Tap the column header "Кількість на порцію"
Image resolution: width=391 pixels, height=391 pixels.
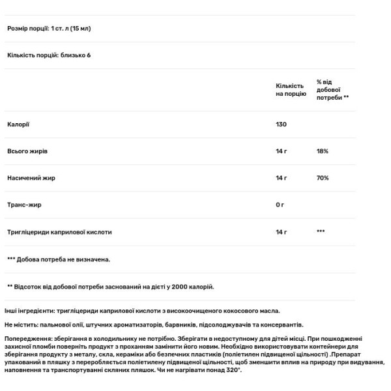[291, 90]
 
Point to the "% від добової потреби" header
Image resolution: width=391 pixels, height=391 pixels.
[332, 89]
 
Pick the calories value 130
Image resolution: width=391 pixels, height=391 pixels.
[282, 124]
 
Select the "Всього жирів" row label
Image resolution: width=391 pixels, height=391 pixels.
[27, 151]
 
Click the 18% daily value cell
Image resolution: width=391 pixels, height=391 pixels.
[323, 151]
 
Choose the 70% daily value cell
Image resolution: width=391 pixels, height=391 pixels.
[323, 177]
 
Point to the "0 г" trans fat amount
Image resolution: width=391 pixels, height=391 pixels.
[280, 205]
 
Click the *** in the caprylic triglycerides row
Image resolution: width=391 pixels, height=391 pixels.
[321, 231]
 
